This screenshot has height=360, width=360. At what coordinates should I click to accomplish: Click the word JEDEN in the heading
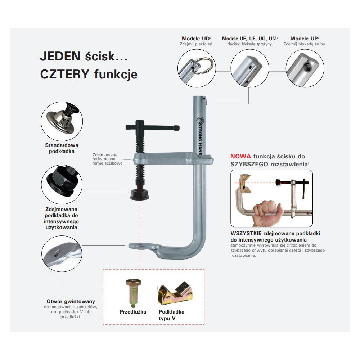point(57,57)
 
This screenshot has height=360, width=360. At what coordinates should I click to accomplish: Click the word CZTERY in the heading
point(64,74)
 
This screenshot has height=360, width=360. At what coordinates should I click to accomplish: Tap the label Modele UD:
point(196,39)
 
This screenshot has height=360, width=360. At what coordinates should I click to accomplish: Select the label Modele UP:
point(305,39)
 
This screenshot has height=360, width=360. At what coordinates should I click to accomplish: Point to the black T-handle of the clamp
point(152,127)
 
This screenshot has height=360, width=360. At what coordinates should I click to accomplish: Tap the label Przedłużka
point(133,312)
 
